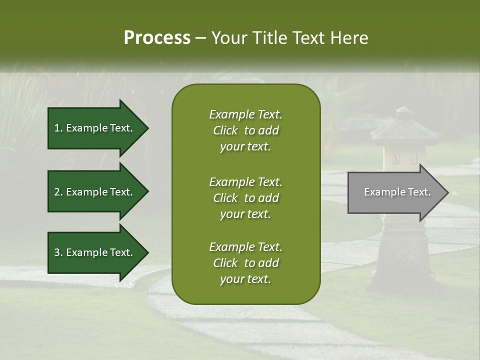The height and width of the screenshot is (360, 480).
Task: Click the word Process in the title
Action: point(157,38)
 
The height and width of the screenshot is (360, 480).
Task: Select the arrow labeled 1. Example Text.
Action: point(95,128)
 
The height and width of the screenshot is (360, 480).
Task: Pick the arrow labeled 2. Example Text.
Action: point(95,192)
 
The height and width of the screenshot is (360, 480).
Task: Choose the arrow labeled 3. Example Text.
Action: point(95,252)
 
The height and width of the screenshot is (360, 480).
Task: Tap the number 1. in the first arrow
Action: point(58,128)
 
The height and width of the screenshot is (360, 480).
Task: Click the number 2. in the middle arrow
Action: point(58,192)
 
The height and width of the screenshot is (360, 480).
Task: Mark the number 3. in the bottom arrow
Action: point(58,252)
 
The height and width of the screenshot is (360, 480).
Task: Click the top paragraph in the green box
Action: point(245,130)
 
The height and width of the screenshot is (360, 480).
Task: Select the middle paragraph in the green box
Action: point(245,197)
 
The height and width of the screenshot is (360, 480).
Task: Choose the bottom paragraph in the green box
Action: point(245,263)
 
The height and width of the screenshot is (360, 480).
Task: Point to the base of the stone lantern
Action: point(404,280)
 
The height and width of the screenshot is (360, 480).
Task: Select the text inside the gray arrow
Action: point(397,192)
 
